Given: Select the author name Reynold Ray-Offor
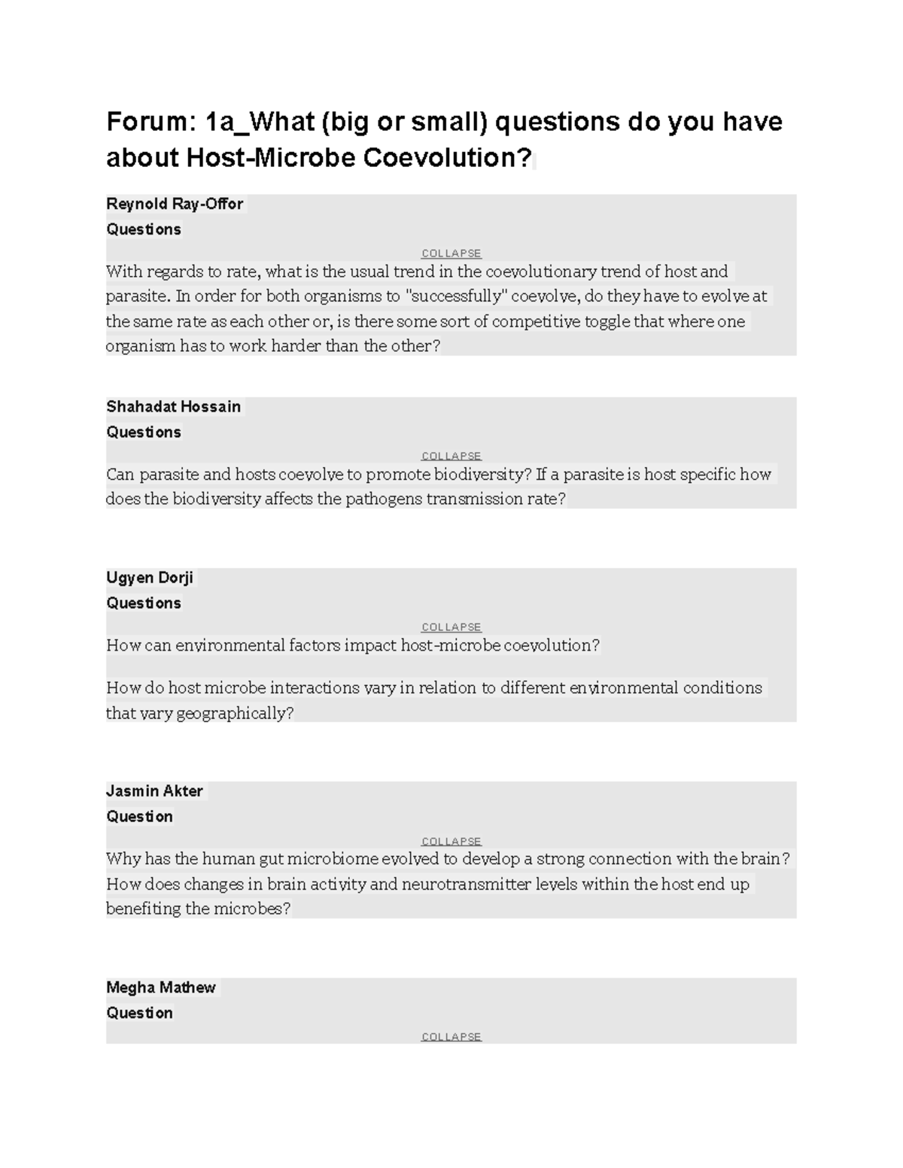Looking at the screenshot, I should [x=175, y=204].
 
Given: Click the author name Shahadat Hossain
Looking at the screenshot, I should [x=173, y=407].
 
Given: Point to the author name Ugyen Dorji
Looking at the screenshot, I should [x=150, y=578].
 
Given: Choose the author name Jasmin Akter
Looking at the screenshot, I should [x=154, y=791].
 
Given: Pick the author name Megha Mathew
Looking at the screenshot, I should [x=160, y=987].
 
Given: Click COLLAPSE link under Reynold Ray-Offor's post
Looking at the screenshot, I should [x=451, y=253].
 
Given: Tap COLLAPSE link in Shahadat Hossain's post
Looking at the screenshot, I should [x=451, y=456].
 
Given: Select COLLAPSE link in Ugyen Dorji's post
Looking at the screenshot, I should [x=451, y=627].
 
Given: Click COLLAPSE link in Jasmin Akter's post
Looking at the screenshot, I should [x=451, y=841].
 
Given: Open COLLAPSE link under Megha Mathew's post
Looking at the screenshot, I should [x=451, y=1036].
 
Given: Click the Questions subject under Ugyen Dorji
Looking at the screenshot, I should [x=144, y=603].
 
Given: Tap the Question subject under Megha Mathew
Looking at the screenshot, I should [x=140, y=1013].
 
